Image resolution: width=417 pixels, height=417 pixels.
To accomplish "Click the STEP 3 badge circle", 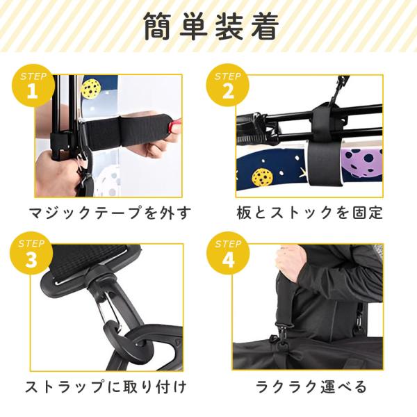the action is click(x=31, y=253).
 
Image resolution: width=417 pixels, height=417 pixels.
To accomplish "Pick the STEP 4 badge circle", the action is click(x=228, y=253).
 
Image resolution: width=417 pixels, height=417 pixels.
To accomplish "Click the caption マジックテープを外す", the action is click(x=110, y=213).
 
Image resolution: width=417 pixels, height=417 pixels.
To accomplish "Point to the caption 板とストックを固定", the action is click(x=309, y=213).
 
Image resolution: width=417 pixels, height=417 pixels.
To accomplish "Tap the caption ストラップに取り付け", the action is click(x=106, y=386).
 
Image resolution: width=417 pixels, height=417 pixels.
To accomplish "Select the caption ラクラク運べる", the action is click(x=311, y=386).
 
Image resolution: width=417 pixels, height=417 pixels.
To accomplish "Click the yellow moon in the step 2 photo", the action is click(x=262, y=177).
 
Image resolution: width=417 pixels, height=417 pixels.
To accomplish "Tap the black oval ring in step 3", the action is click(x=131, y=345).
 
